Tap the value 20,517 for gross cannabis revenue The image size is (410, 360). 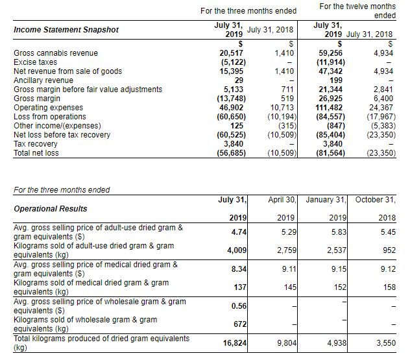pyautogui.click(x=231, y=52)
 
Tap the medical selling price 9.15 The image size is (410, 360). pyautogui.click(x=335, y=269)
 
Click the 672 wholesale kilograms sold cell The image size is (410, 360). pyautogui.click(x=235, y=324)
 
